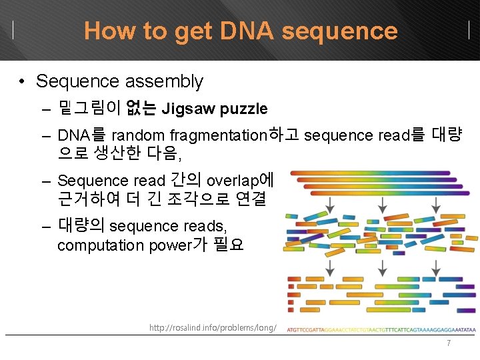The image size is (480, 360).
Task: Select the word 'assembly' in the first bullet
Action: [168, 81]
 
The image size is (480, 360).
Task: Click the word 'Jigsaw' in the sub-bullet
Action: [188, 109]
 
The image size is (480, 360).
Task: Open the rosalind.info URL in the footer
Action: [212, 327]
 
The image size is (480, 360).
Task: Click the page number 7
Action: [449, 343]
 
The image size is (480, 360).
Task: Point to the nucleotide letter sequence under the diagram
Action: [381, 329]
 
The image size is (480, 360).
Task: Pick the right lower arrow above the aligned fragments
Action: [435, 267]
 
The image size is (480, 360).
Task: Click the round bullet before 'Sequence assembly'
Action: [23, 82]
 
